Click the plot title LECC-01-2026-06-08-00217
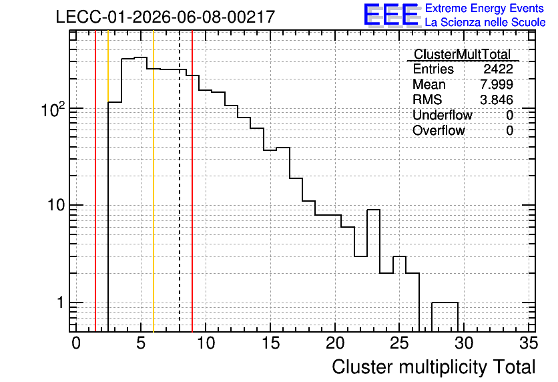[166, 17]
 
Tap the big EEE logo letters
[392, 15]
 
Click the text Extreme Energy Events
[485, 8]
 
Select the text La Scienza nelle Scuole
[485, 22]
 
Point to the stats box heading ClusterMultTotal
[463, 54]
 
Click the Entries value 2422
[498, 69]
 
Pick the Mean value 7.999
[497, 84]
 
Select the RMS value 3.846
[497, 100]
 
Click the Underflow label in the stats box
[443, 115]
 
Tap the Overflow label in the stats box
[439, 130]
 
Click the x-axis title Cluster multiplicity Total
[434, 367]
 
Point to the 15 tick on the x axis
[271, 343]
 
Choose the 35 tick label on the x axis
[529, 343]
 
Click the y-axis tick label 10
[55, 205]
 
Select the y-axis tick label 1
[60, 303]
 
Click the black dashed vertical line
[180, 182]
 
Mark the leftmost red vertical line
[95, 182]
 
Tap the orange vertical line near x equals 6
[154, 182]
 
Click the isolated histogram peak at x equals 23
[373, 210]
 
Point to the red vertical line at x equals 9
[192, 182]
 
